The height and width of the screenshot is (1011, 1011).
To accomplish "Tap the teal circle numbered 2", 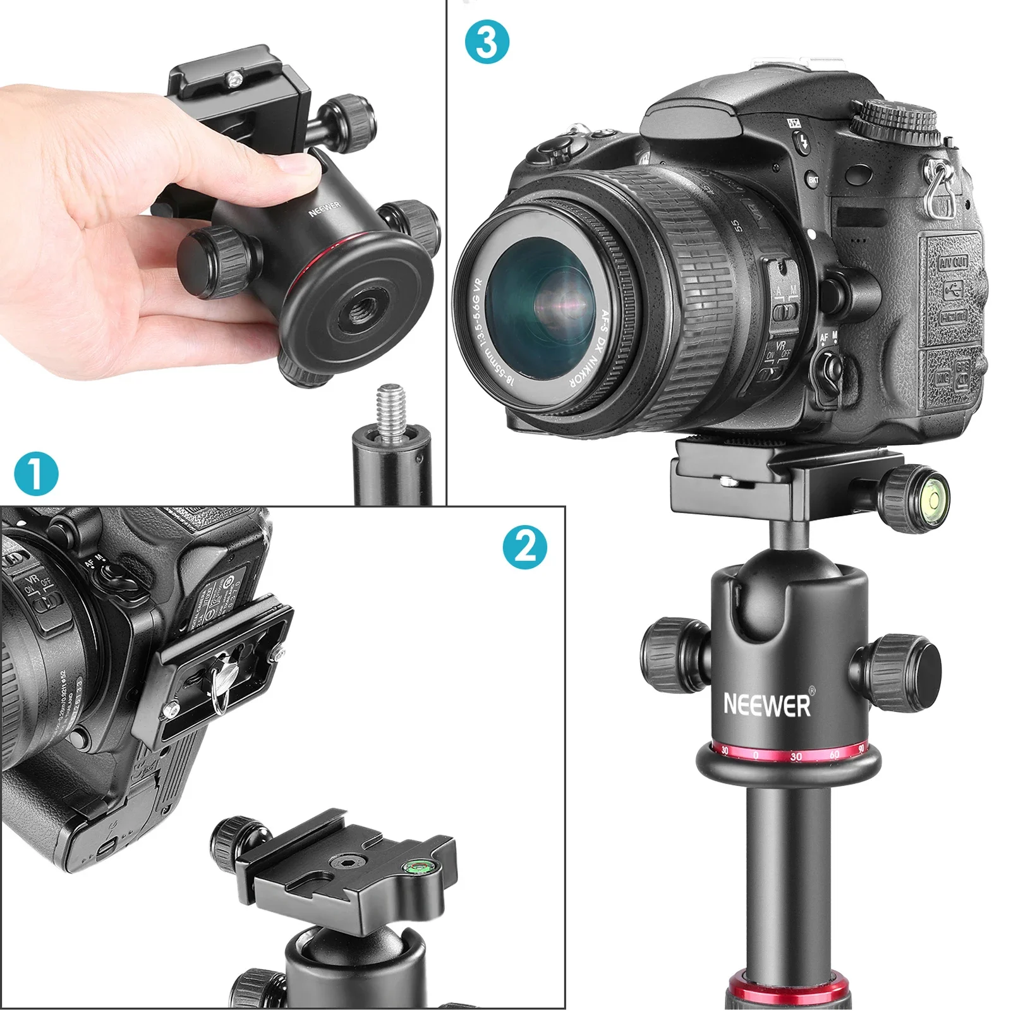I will pos(524,547).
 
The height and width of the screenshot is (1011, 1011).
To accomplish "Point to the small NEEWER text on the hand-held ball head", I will pos(324,209).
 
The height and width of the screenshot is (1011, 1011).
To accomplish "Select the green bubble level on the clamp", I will pos(418,864).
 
